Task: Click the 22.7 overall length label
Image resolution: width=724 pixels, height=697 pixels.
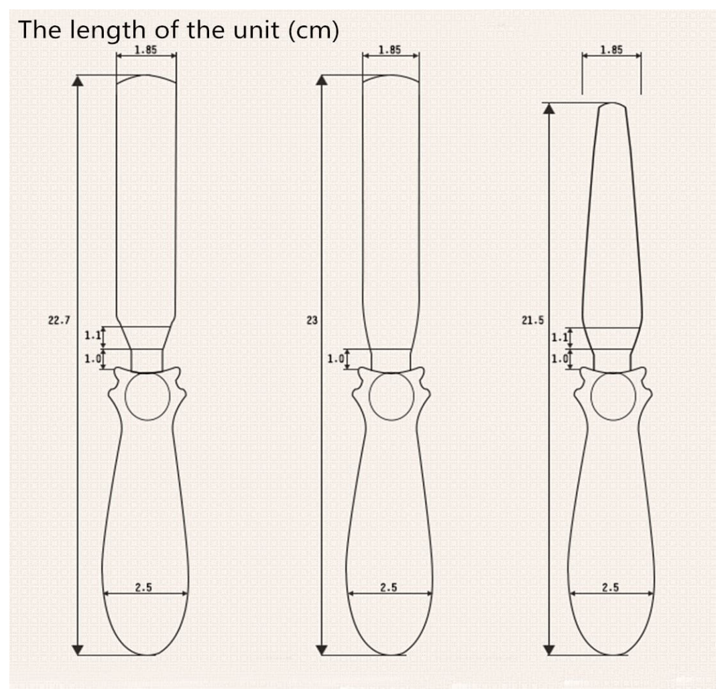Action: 59,320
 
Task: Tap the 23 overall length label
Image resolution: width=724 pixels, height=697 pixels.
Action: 312,320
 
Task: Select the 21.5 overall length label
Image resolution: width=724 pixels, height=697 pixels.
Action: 533,320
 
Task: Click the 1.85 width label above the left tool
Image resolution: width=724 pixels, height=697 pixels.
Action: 145,50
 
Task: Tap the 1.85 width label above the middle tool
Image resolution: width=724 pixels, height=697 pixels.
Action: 389,50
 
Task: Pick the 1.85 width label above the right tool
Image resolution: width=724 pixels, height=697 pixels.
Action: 611,50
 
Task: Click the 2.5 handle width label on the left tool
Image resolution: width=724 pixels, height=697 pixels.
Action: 143,587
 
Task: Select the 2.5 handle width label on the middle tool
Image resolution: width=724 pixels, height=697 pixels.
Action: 389,587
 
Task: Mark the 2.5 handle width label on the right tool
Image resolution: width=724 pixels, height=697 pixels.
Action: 611,587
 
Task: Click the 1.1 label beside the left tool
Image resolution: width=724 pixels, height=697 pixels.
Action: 93,335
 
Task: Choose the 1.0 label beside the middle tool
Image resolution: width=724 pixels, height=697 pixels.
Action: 336,358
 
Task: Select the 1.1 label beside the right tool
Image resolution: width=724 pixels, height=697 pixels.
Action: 560,337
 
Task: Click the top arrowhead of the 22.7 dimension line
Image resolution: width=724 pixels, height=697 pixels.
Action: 78,81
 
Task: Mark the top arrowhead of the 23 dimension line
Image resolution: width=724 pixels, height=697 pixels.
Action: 322,81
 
